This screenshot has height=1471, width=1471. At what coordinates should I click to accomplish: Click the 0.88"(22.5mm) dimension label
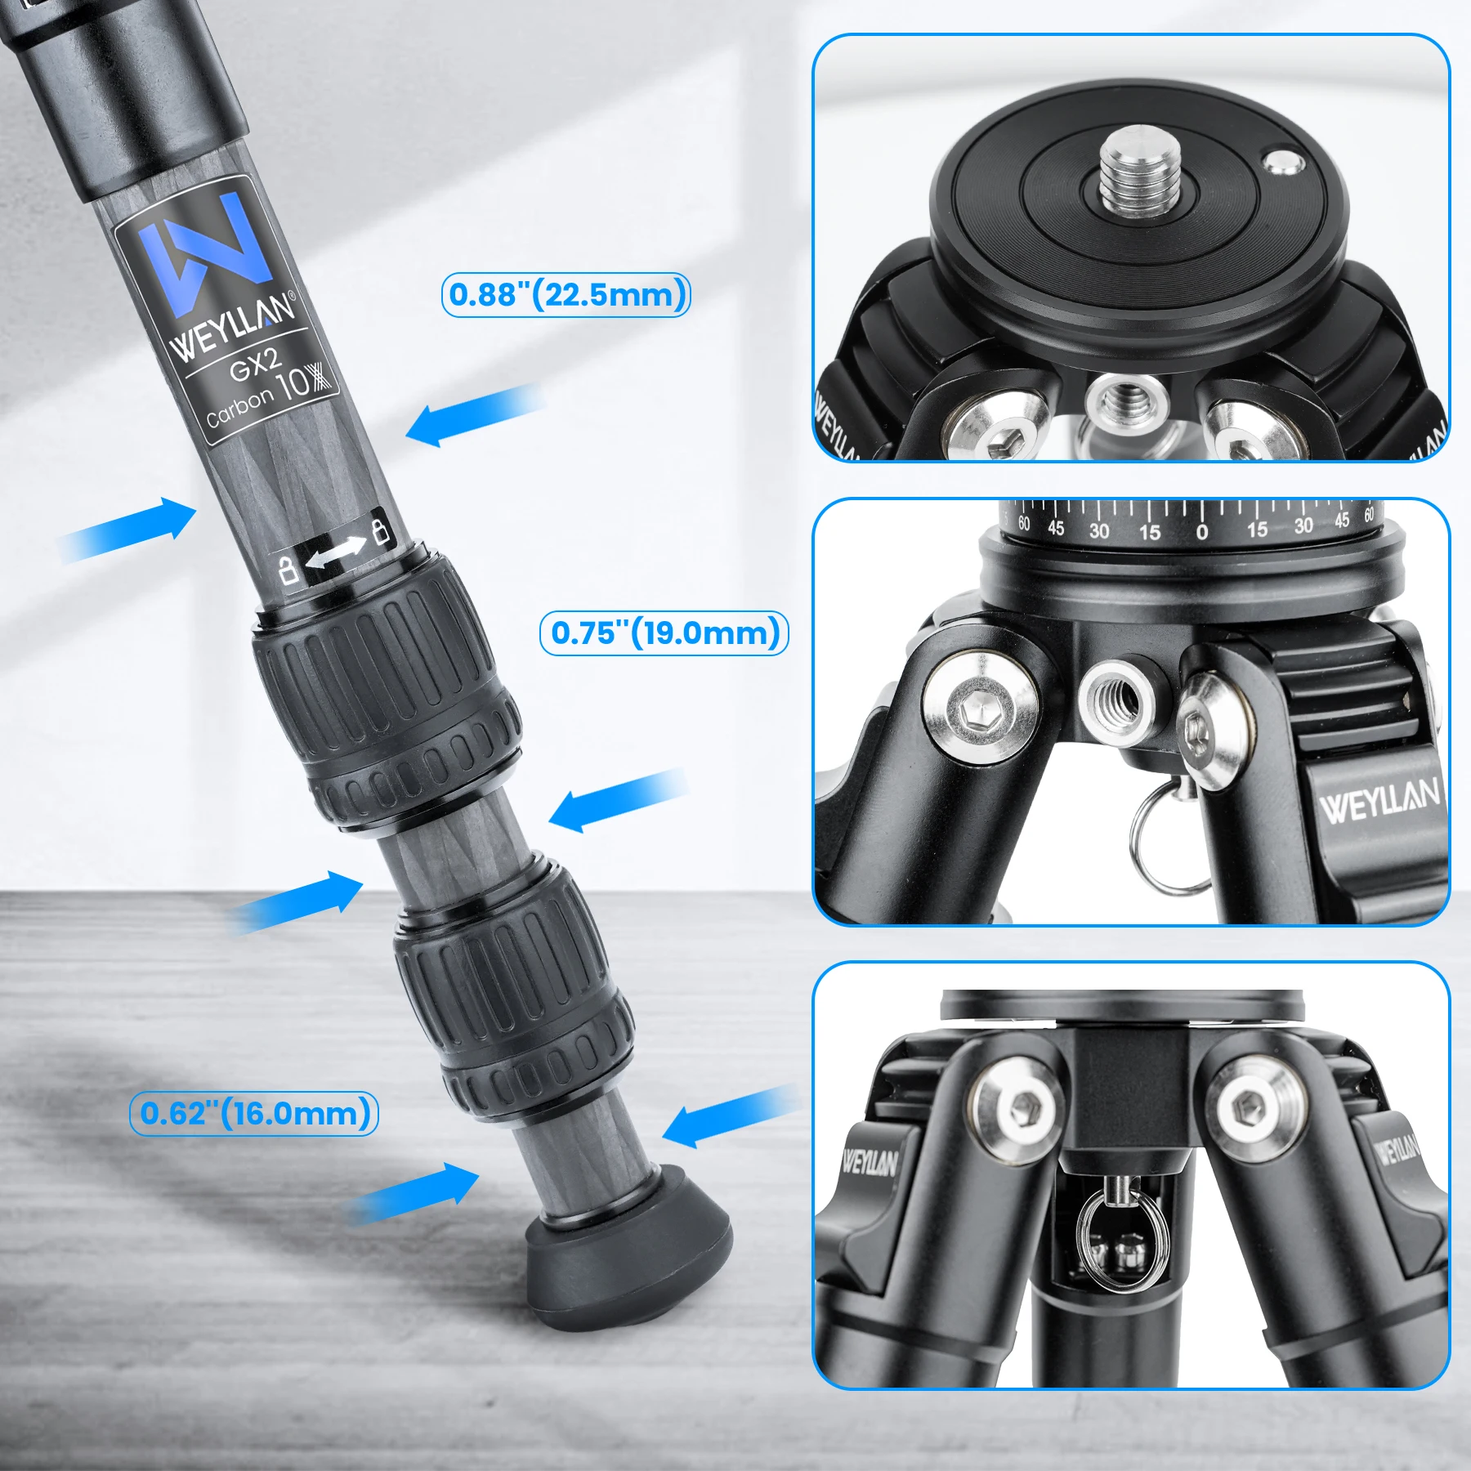[x=566, y=295]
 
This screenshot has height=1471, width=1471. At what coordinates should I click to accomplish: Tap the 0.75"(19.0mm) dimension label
[x=664, y=633]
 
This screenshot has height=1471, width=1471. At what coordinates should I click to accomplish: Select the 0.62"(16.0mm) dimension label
[x=254, y=1114]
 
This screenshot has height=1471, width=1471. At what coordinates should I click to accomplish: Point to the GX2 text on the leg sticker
[x=254, y=364]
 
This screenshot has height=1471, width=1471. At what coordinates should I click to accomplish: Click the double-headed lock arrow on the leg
[x=335, y=552]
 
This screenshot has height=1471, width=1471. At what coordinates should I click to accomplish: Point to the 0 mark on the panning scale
[x=1201, y=533]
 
